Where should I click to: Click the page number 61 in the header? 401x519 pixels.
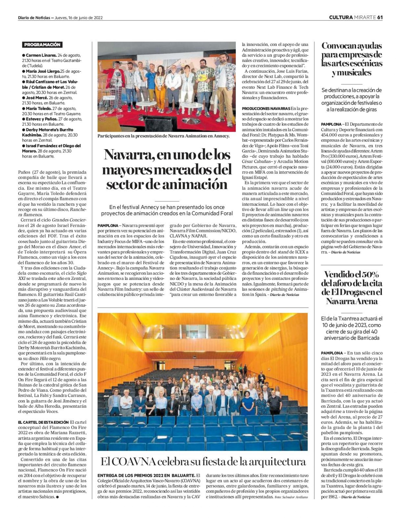click(380, 18)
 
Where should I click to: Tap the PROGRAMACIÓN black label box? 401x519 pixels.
click(42, 45)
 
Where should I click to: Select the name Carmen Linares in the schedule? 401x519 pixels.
click(41, 55)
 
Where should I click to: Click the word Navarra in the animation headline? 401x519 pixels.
click(125, 154)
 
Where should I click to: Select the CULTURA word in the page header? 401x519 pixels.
click(341, 18)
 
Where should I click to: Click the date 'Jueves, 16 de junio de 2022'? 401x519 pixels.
click(79, 18)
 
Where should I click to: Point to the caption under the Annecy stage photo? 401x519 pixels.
click(164, 136)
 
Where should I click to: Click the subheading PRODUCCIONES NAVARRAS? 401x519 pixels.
click(266, 109)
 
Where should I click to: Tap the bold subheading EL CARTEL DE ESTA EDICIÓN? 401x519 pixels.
click(43, 422)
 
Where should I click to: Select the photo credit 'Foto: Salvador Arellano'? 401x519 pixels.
click(291, 497)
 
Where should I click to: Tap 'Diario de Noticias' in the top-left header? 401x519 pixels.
click(34, 18)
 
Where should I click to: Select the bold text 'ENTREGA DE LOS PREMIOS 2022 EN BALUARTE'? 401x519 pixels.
click(146, 475)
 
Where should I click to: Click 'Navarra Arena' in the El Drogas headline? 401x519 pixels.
click(352, 301)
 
